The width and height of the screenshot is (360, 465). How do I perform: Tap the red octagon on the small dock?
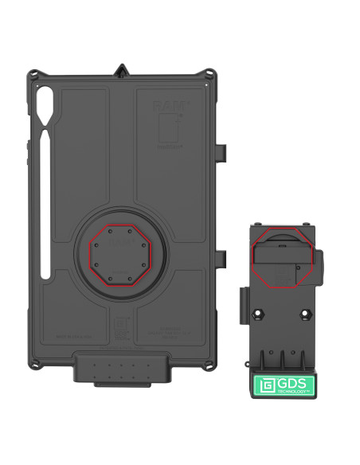click(282, 260)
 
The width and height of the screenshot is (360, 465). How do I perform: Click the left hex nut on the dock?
click(260, 315)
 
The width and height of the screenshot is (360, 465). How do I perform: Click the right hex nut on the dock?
click(303, 315)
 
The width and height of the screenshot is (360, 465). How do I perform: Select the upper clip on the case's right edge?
click(225, 152)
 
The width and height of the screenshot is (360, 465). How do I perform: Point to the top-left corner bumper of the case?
click(33, 76)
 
